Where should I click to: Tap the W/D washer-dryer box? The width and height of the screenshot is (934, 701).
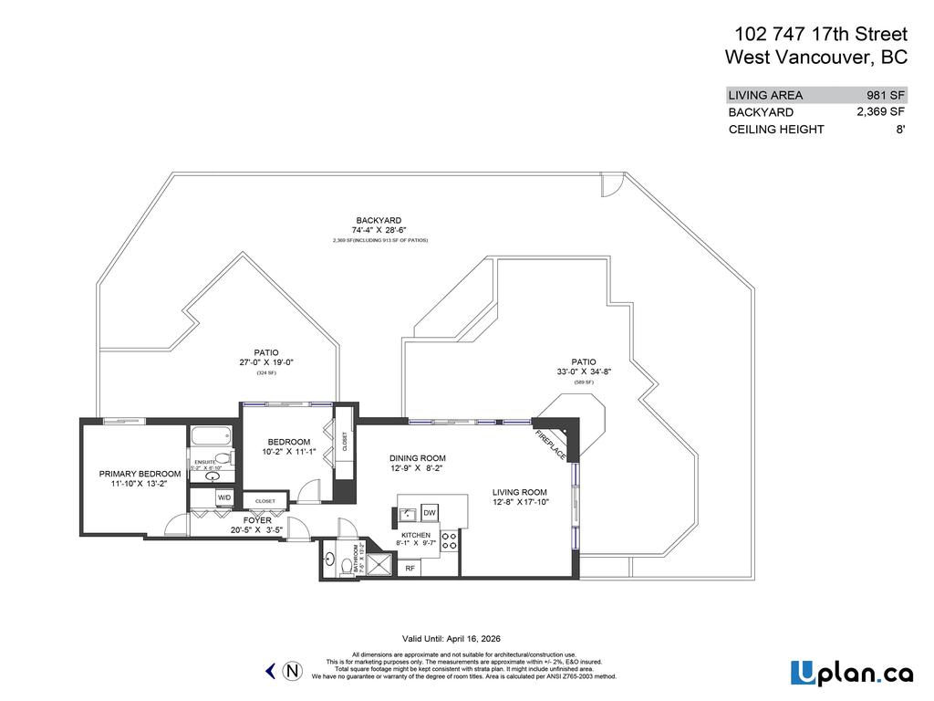pyautogui.click(x=224, y=497)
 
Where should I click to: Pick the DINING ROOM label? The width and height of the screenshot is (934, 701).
pyautogui.click(x=417, y=459)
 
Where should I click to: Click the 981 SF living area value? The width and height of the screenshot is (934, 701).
pyautogui.click(x=885, y=95)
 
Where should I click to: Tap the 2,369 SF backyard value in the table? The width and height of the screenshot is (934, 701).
pyautogui.click(x=880, y=111)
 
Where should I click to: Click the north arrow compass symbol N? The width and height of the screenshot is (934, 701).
pyautogui.click(x=293, y=671)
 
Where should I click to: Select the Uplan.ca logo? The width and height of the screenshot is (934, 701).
pyautogui.click(x=851, y=673)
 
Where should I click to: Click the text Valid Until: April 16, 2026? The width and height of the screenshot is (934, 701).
pyautogui.click(x=451, y=639)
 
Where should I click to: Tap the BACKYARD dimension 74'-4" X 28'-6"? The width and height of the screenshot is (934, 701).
pyautogui.click(x=379, y=231)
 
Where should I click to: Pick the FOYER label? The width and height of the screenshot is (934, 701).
pyautogui.click(x=257, y=519)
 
